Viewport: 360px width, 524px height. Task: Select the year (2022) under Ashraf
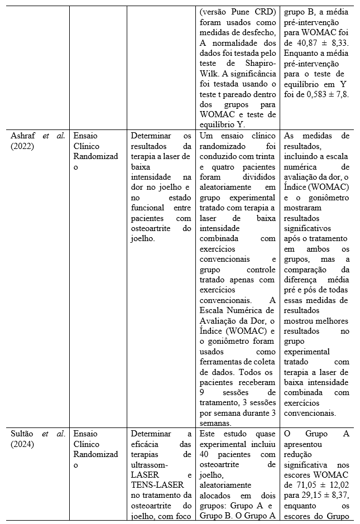(22, 146)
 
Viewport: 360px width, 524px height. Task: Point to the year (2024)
(22, 444)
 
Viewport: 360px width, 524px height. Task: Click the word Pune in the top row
(241, 11)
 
